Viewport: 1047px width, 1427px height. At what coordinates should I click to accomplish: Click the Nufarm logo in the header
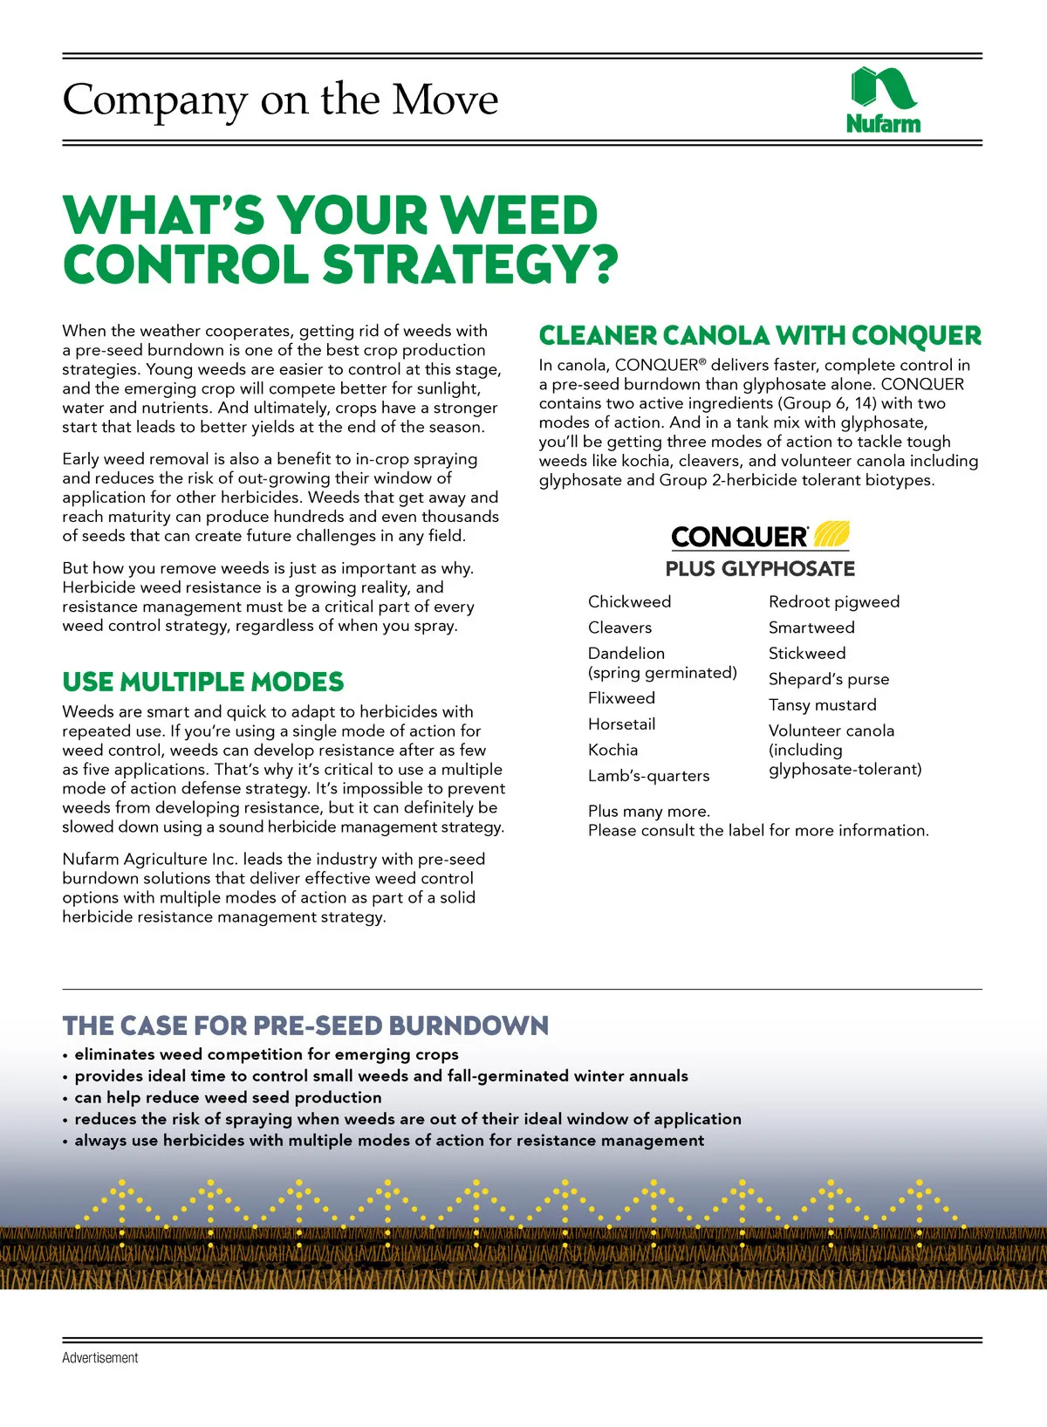(883, 100)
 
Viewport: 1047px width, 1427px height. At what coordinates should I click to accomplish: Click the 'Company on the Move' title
(280, 100)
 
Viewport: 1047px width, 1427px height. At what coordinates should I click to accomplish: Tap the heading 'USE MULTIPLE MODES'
(203, 682)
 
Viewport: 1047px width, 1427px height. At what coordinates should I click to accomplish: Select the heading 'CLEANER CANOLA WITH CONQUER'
(760, 336)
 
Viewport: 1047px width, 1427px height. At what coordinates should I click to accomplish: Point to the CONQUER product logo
(760, 535)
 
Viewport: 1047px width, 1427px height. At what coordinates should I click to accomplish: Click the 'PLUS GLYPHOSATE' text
(760, 569)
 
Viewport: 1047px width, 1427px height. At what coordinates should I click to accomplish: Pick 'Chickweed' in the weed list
(629, 602)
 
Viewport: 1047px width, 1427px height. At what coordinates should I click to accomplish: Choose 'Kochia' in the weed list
(612, 751)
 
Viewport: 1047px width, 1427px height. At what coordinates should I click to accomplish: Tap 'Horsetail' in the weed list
(621, 724)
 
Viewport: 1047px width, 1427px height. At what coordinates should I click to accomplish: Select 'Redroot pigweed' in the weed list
(833, 602)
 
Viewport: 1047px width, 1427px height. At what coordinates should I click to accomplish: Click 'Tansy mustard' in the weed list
(822, 705)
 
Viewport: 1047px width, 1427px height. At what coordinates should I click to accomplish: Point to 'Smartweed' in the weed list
(811, 628)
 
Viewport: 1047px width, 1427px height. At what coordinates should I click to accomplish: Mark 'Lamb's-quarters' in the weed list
(648, 776)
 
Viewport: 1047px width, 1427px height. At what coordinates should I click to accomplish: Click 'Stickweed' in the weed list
(807, 654)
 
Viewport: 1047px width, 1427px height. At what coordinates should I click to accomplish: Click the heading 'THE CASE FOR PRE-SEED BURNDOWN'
(305, 1026)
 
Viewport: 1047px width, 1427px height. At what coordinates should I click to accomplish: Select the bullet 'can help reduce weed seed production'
(228, 1098)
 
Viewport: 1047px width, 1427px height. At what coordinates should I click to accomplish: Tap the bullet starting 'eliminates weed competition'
(266, 1054)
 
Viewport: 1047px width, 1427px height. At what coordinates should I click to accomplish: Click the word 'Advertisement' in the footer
(100, 1358)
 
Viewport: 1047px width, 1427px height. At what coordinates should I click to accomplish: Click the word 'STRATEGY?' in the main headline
(470, 264)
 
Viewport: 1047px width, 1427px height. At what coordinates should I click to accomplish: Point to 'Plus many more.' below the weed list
(649, 812)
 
